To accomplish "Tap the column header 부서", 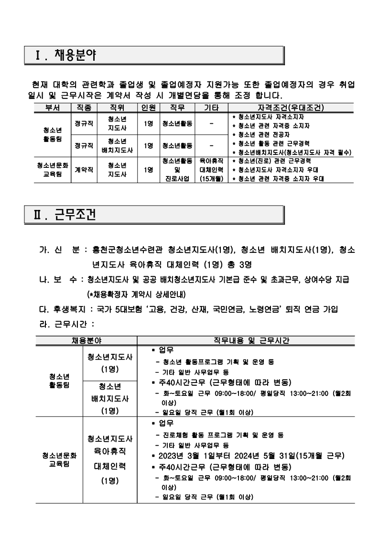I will coord(52,108).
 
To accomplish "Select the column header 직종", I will coord(83,108).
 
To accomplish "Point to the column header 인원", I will coord(148,108).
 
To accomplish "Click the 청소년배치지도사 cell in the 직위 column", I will coord(117,145).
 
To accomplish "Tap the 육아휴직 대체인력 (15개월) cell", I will coord(211,169).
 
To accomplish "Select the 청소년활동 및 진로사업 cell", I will coord(177,169).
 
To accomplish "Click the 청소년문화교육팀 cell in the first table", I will coord(52,169).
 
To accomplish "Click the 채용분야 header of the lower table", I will coord(86,341).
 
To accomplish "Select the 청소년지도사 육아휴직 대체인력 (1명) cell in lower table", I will coord(110,459).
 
